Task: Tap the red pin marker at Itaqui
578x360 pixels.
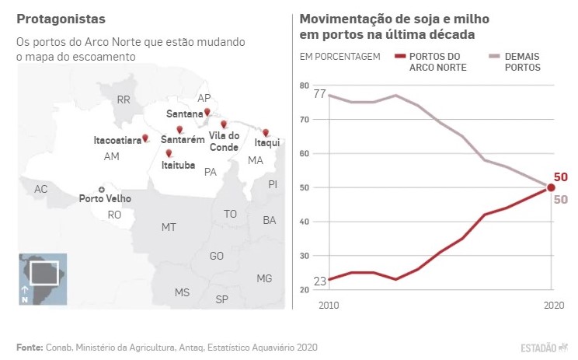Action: pyautogui.click(x=266, y=133)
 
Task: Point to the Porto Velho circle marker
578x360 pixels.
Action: pyautogui.click(x=101, y=189)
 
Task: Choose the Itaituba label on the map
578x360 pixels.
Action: pyautogui.click(x=178, y=165)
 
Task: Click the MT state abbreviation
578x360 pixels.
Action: pyautogui.click(x=169, y=227)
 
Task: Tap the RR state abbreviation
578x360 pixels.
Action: pyautogui.click(x=123, y=100)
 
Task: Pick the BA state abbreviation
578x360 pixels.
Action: pyautogui.click(x=270, y=221)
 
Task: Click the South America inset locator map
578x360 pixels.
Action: pyautogui.click(x=43, y=278)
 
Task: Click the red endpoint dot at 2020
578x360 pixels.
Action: pyautogui.click(x=551, y=187)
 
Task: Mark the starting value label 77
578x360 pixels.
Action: pyautogui.click(x=319, y=94)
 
